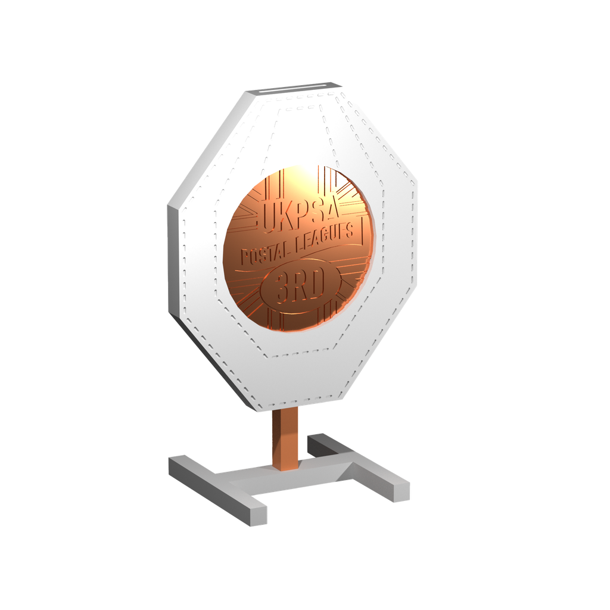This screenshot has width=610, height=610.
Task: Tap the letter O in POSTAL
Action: click(255, 257)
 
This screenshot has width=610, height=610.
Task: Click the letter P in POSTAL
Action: click(244, 259)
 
